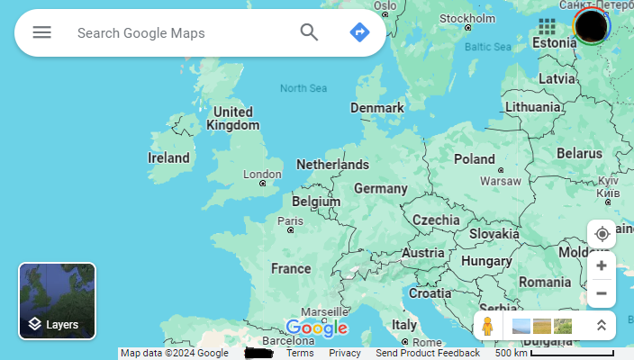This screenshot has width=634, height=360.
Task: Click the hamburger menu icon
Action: (x=42, y=32)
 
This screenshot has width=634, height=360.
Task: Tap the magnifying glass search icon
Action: (x=309, y=32)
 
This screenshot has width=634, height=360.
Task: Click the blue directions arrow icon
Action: (x=359, y=32)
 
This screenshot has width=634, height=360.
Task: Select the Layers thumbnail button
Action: (x=58, y=301)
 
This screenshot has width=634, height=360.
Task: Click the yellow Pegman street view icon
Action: (x=487, y=326)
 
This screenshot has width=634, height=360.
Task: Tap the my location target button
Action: (x=602, y=234)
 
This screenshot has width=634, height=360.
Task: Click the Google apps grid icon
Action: (x=547, y=26)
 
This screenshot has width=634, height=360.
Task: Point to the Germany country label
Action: (x=381, y=189)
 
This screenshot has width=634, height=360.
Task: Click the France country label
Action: (x=291, y=268)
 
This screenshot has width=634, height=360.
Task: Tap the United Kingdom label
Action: (x=232, y=119)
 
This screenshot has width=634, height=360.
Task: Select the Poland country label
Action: (x=474, y=159)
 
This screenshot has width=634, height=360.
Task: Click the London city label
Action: (x=262, y=175)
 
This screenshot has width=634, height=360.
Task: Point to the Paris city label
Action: (x=290, y=220)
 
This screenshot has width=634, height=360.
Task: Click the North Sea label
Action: (x=303, y=88)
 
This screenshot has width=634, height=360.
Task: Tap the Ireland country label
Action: (x=168, y=157)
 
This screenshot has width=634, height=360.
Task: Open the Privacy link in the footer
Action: (x=345, y=353)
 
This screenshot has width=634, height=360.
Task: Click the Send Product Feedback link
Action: (x=428, y=353)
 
